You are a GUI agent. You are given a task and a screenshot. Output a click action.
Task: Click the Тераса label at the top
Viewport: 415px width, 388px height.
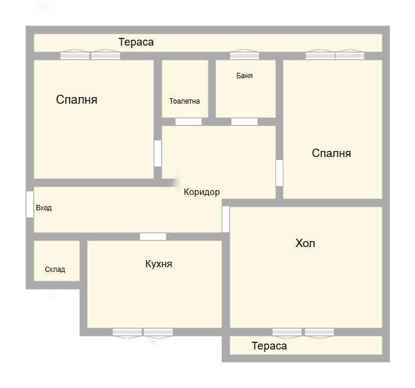(x=136, y=42)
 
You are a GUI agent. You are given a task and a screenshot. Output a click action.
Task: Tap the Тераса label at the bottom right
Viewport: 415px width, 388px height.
(x=269, y=346)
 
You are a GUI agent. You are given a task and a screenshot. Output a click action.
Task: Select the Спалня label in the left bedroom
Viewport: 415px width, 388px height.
(x=77, y=100)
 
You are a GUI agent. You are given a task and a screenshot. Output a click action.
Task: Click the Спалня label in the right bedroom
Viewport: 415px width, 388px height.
(x=332, y=153)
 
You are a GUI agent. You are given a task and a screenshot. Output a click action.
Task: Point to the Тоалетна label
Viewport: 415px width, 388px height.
(x=185, y=101)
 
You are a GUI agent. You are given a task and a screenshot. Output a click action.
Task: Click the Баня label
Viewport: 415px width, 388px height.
(x=245, y=76)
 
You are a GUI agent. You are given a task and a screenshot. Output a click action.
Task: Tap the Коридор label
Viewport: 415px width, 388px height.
(x=202, y=192)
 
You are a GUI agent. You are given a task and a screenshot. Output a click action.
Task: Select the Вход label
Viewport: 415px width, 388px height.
(x=44, y=208)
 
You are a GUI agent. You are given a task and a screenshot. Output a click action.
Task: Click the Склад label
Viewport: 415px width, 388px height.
(x=55, y=270)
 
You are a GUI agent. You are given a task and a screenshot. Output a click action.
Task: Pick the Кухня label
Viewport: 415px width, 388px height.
(x=159, y=264)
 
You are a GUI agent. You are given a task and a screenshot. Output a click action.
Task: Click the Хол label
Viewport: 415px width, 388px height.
(x=305, y=243)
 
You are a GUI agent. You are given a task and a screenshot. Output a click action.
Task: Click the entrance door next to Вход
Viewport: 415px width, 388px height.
(x=30, y=204)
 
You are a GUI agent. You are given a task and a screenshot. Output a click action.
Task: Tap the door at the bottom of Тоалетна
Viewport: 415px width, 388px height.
(x=188, y=122)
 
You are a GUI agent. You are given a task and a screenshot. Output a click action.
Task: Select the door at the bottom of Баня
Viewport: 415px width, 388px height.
(x=245, y=122)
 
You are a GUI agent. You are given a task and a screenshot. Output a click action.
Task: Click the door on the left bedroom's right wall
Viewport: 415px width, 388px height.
(x=157, y=153)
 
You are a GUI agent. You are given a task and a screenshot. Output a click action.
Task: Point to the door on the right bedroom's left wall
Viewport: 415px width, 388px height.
(x=279, y=173)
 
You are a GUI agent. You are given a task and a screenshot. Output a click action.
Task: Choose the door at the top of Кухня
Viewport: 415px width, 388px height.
(x=153, y=237)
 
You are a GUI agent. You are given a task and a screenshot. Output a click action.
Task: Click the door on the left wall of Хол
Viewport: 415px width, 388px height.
(x=226, y=219)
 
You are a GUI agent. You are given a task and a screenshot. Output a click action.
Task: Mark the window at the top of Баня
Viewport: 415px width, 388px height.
(x=245, y=56)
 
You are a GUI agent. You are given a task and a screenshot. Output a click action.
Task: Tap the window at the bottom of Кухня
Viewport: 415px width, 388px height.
(x=143, y=332)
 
